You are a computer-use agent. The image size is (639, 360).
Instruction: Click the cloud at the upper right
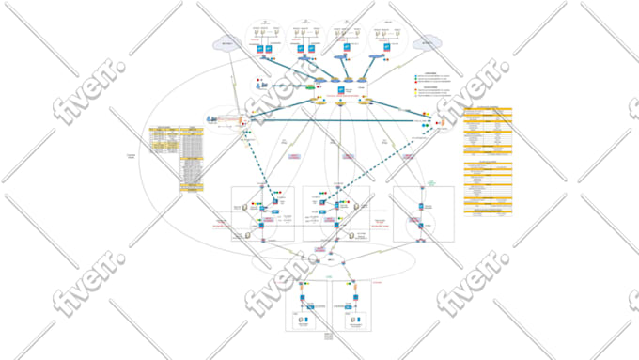(x=429, y=43)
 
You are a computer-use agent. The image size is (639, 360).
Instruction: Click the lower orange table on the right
(x=488, y=187)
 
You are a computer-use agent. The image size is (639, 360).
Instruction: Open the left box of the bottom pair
(x=307, y=305)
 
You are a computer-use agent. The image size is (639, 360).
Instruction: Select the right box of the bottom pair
(x=355, y=305)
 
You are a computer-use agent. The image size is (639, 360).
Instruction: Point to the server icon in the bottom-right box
(x=354, y=321)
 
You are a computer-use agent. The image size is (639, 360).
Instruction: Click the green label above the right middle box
(x=432, y=181)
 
